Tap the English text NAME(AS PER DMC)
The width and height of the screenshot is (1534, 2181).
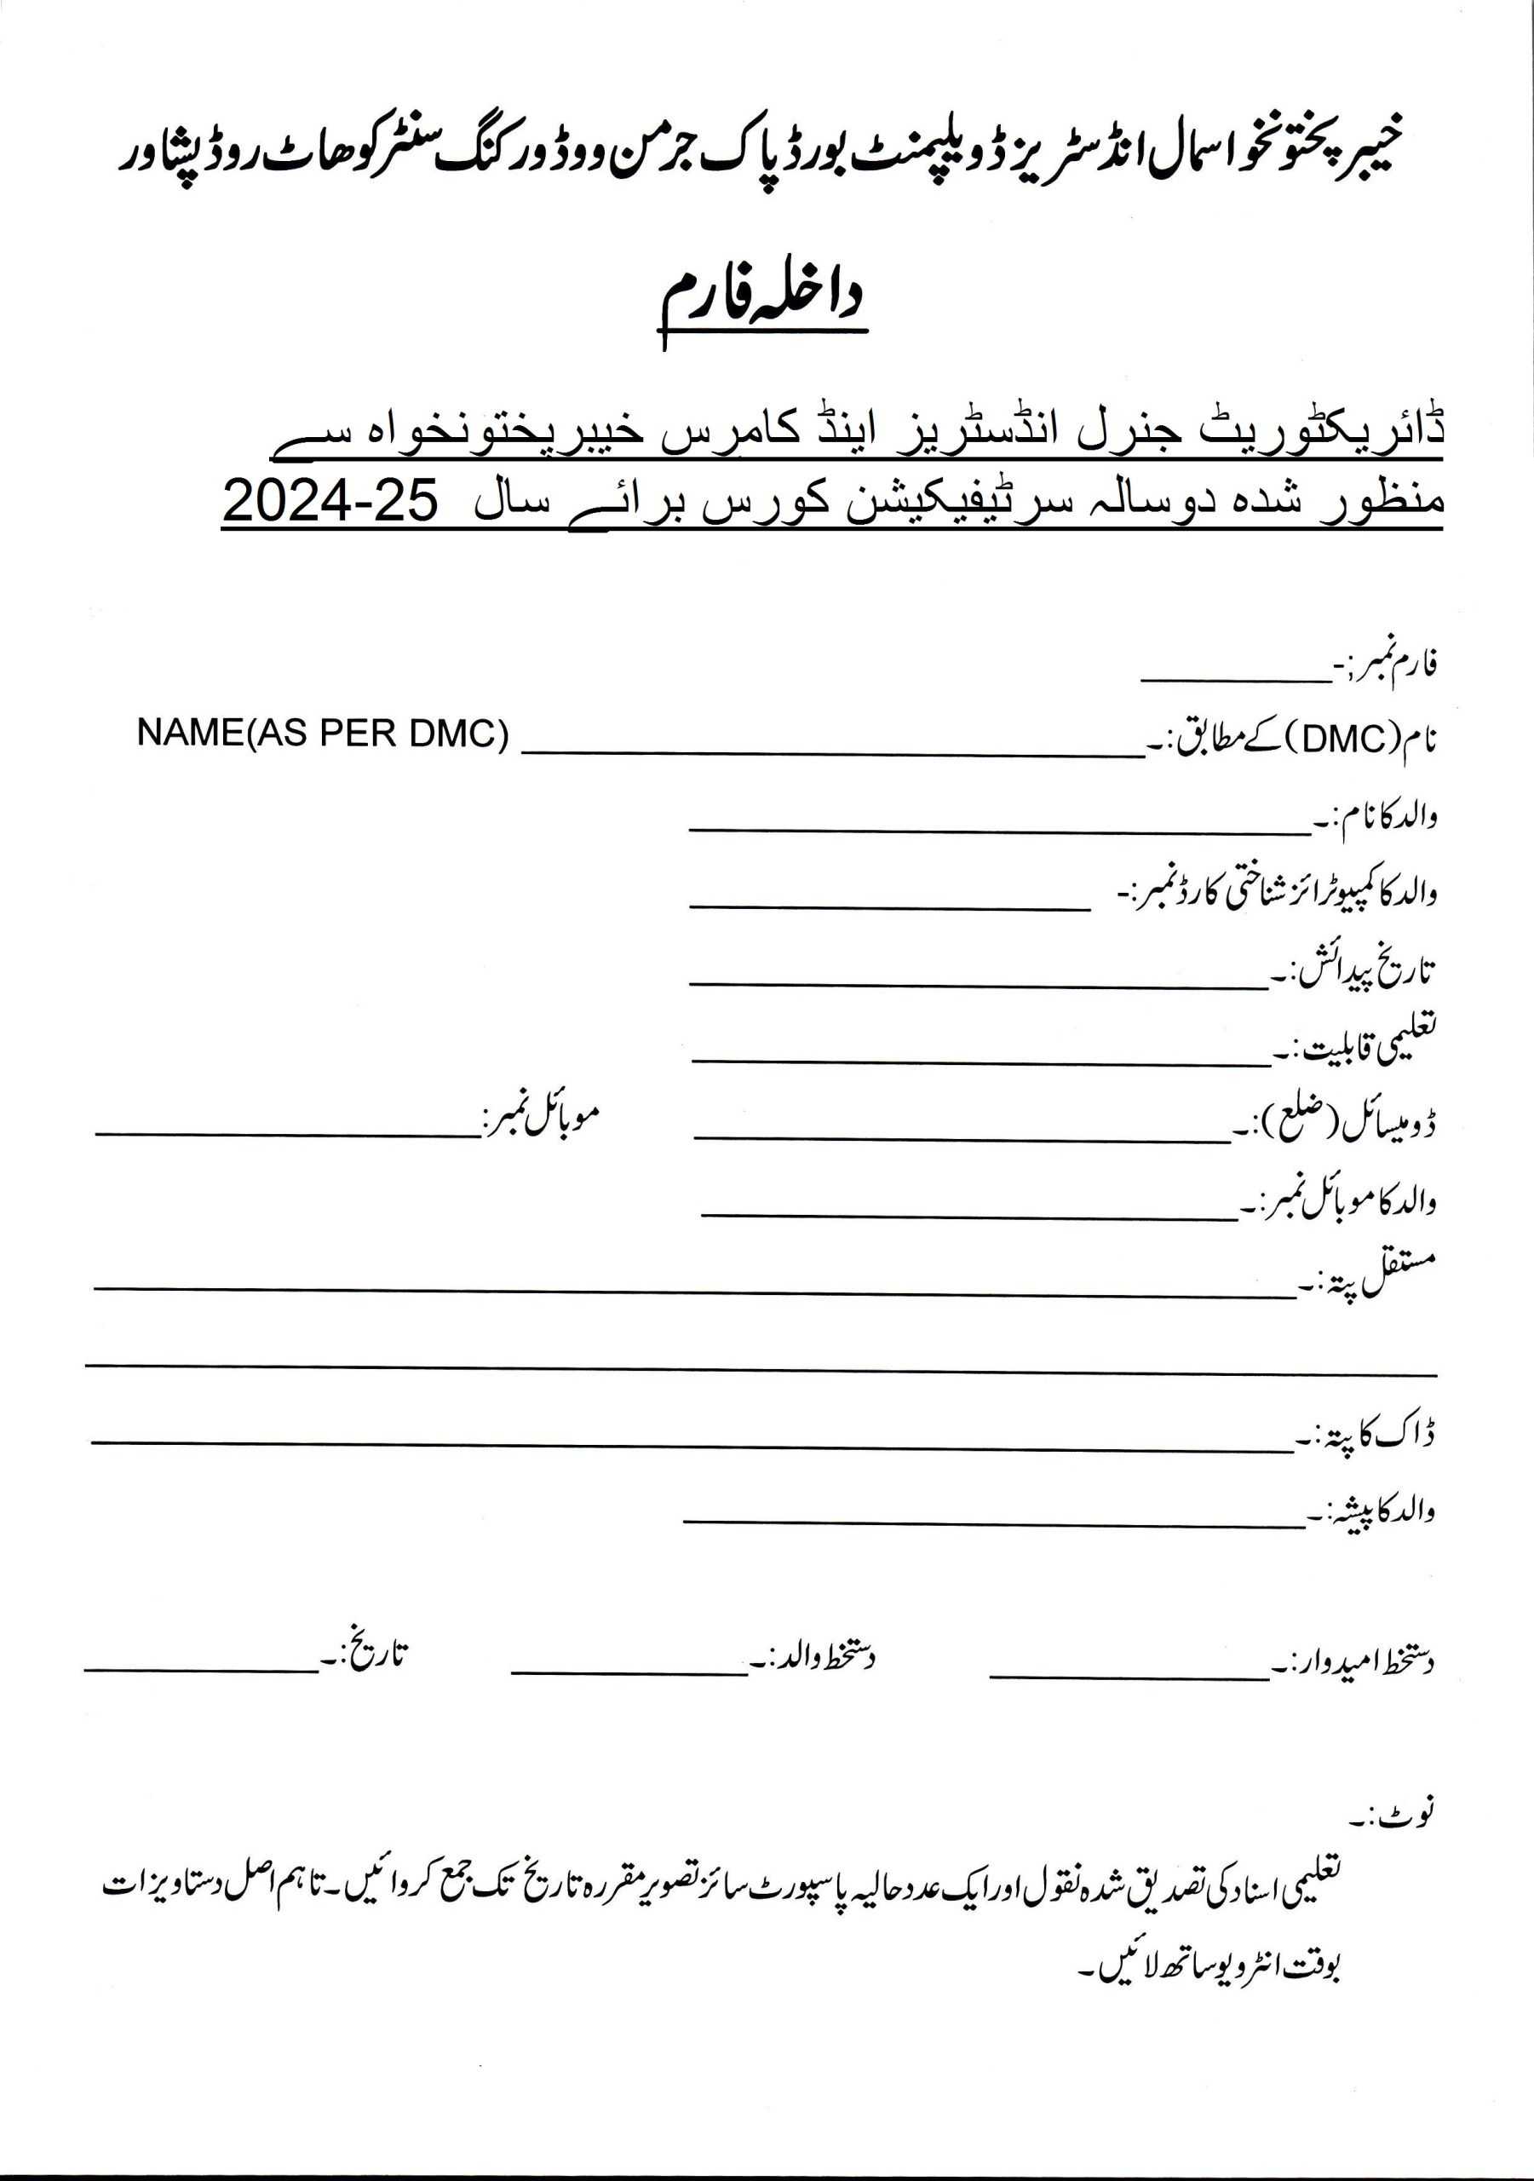[x=323, y=734]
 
